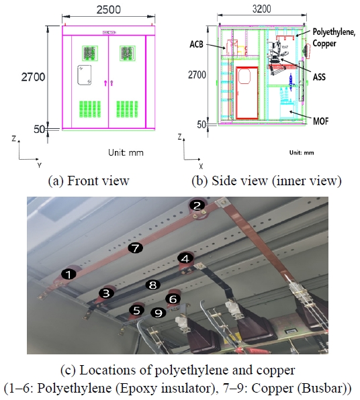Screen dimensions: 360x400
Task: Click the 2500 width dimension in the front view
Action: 109,9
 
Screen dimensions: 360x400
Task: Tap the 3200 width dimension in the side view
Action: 262,9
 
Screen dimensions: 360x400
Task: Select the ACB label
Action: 196,44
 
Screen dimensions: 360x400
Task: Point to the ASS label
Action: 319,77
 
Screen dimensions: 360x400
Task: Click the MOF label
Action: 320,121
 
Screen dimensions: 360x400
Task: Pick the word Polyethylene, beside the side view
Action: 334,32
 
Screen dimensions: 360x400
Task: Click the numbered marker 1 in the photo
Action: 69,274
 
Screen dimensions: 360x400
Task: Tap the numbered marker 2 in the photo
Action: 197,205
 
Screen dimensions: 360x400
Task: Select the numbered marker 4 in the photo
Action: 185,258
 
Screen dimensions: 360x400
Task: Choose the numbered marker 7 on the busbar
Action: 135,248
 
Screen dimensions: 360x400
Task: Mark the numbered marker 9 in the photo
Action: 159,313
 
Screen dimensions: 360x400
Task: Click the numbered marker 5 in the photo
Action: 136,311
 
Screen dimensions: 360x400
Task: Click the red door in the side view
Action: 247,93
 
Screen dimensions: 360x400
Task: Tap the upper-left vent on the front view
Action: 90,53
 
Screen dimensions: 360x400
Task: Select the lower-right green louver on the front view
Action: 128,109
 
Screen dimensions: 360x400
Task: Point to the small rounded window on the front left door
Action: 84,75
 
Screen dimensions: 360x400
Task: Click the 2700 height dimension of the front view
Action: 33,77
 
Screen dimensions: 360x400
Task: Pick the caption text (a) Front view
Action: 89,181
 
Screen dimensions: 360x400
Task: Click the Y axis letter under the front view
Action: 39,166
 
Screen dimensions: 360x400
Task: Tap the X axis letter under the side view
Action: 201,166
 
